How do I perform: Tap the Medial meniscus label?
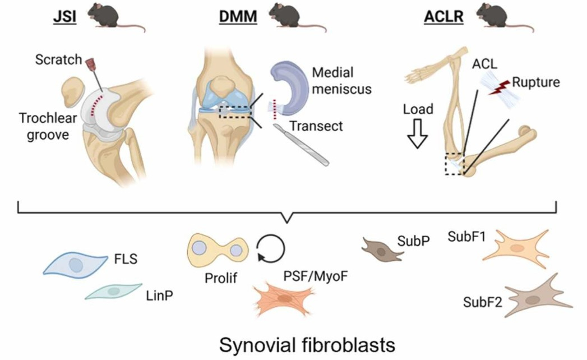coord(341,81)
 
